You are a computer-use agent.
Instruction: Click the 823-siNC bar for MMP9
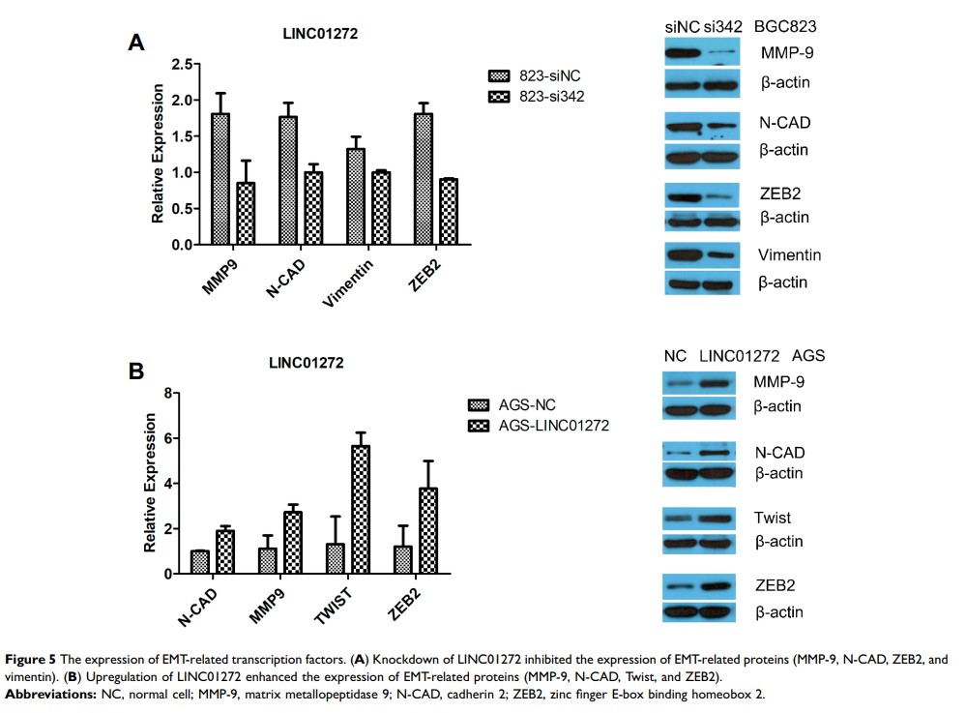pos(220,179)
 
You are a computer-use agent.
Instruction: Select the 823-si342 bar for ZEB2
pos(449,212)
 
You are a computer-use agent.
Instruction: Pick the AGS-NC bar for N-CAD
pos(200,562)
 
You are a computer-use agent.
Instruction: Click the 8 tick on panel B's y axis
pos(167,393)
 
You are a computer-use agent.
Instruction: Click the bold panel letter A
pos(137,42)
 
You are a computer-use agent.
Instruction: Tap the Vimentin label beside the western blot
pos(790,255)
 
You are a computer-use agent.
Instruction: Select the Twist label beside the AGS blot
pos(772,518)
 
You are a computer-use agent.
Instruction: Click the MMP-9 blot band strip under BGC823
pos(702,52)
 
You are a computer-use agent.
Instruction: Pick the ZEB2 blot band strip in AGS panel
pos(702,586)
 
